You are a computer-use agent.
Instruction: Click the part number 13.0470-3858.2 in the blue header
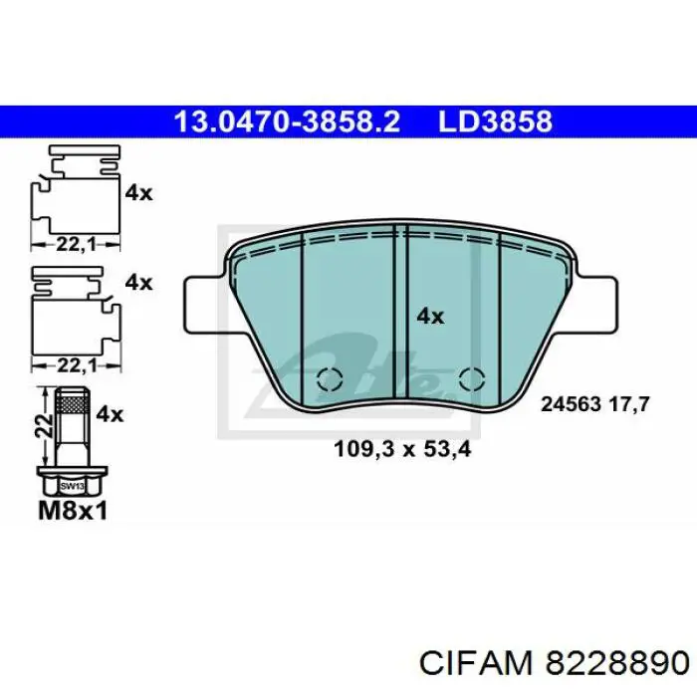287,121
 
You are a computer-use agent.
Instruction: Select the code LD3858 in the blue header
494,121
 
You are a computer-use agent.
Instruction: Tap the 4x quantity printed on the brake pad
429,316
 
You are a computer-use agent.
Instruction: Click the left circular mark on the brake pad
329,379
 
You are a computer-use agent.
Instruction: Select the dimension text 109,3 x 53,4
401,448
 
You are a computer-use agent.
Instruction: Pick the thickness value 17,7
627,405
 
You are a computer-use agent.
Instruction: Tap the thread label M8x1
72,511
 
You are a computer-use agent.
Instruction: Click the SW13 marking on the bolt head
70,486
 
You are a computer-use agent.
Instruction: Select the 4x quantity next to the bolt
111,413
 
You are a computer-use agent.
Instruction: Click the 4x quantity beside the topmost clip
138,193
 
